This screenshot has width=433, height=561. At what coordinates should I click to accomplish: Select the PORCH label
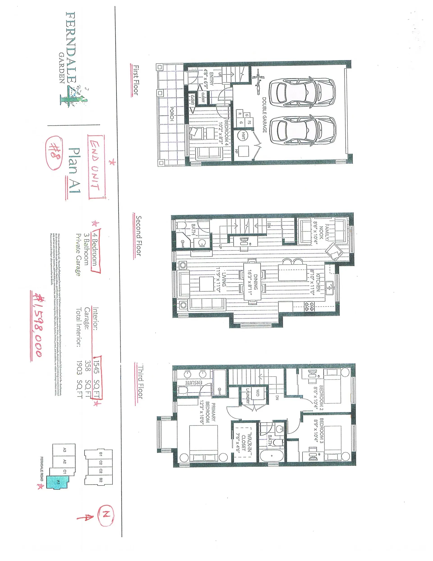click(172, 114)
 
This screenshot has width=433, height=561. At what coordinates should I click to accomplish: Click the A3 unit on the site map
click(64, 450)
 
